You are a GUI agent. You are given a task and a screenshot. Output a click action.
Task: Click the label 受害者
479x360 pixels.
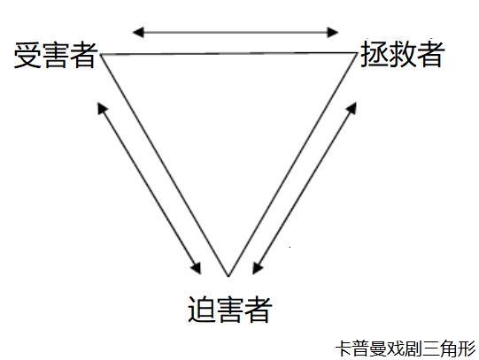point(56,55)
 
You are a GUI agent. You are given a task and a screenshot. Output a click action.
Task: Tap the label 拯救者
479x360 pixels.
point(402,54)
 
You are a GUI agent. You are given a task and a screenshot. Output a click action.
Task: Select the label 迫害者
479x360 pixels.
point(229,309)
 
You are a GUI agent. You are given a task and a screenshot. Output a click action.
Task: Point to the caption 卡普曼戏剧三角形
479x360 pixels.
point(406,349)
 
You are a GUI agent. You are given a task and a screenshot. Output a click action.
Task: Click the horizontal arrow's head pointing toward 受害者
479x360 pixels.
point(138,32)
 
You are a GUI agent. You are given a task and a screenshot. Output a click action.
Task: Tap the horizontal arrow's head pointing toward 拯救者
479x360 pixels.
point(332,32)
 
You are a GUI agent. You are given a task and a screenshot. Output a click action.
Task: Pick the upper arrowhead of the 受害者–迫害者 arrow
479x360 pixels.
point(103,108)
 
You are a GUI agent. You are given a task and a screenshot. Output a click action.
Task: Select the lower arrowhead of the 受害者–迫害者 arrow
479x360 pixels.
point(197,268)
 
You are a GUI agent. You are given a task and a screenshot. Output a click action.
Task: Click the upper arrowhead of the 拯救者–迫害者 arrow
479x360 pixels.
point(352,108)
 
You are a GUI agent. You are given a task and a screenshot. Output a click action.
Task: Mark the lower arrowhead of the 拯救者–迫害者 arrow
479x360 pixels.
point(258,268)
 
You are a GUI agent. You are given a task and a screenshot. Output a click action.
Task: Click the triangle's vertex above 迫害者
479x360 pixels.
point(228,276)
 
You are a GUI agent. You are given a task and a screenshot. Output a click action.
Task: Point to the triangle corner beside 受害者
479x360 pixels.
point(101,54)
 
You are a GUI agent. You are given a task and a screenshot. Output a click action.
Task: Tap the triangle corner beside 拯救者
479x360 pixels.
point(357,53)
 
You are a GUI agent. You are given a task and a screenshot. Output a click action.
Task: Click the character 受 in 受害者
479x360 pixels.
point(27,55)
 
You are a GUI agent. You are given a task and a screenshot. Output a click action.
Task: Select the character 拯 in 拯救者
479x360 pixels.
point(374,54)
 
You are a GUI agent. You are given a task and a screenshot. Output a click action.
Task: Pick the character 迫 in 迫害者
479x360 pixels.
point(202,309)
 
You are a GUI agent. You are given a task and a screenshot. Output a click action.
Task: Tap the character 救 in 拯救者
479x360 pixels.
point(402,54)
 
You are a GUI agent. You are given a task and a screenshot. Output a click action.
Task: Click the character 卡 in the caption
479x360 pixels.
point(344,349)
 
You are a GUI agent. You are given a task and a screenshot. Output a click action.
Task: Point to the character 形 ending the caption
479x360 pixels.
point(467,349)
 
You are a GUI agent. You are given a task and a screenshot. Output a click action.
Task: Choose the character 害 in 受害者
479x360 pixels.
point(56,55)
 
